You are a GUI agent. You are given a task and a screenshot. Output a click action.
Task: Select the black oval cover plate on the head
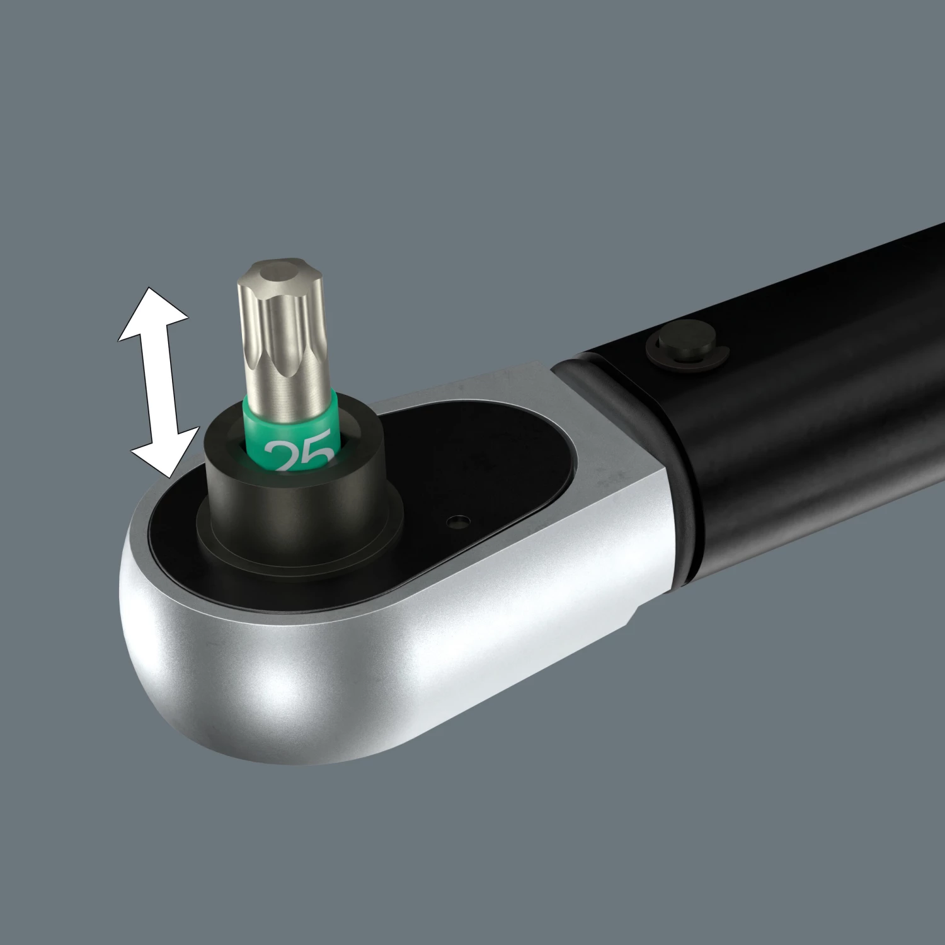click(x=472, y=460)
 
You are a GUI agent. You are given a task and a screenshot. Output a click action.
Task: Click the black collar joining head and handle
click(x=630, y=441)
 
